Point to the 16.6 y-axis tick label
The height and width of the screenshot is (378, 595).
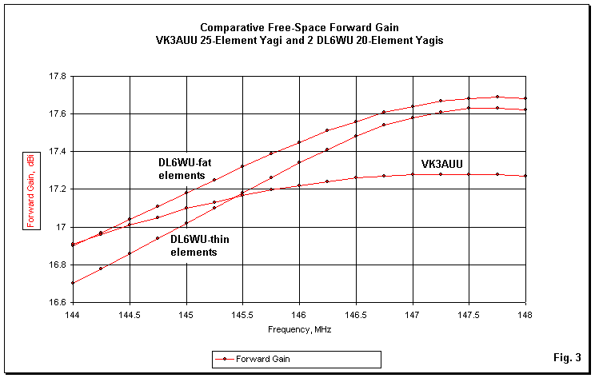(x=58, y=303)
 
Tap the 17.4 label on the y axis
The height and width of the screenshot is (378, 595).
(x=58, y=152)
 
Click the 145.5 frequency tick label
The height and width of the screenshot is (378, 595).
(x=242, y=316)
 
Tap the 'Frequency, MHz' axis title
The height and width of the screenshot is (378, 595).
(x=298, y=329)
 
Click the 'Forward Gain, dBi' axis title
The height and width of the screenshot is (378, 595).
(x=30, y=189)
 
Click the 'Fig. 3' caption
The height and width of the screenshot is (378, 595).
(x=565, y=356)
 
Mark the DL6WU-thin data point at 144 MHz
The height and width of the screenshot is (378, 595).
(x=73, y=283)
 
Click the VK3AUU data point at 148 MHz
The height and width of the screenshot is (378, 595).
(x=525, y=176)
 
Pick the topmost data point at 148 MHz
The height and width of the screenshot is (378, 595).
(x=525, y=98)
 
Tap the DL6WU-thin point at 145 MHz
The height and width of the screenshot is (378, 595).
(x=186, y=223)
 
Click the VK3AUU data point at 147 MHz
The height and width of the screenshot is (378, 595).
(x=413, y=174)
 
